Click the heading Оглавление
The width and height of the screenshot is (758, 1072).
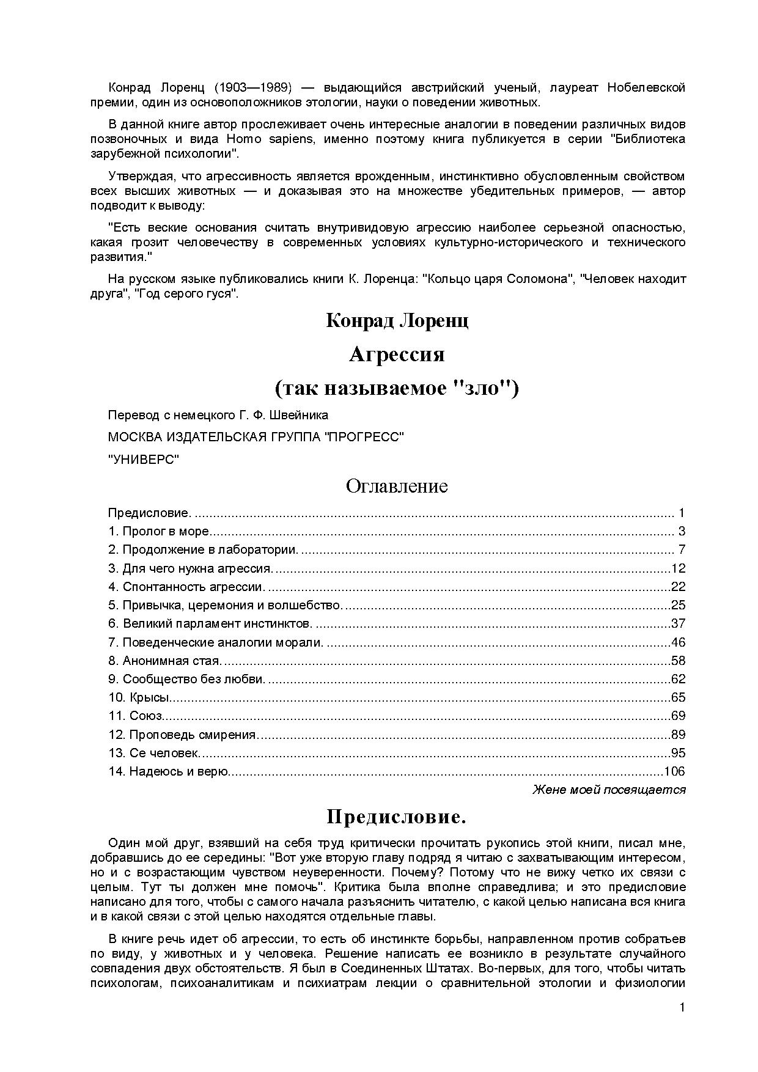point(396,486)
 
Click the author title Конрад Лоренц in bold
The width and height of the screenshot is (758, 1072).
point(397,320)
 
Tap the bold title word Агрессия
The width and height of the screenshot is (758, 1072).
point(397,354)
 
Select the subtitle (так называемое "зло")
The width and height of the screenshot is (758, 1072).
point(397,388)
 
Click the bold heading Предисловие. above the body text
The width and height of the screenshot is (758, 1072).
point(397,817)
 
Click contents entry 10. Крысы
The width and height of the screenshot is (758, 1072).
point(139,697)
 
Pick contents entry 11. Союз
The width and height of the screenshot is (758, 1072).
point(135,716)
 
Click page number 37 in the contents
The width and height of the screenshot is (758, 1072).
point(679,624)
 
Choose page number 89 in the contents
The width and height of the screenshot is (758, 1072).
point(679,735)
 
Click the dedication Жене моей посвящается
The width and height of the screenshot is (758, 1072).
point(609,790)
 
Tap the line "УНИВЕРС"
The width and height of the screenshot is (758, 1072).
point(144,460)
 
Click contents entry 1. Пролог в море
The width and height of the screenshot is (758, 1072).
point(159,532)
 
